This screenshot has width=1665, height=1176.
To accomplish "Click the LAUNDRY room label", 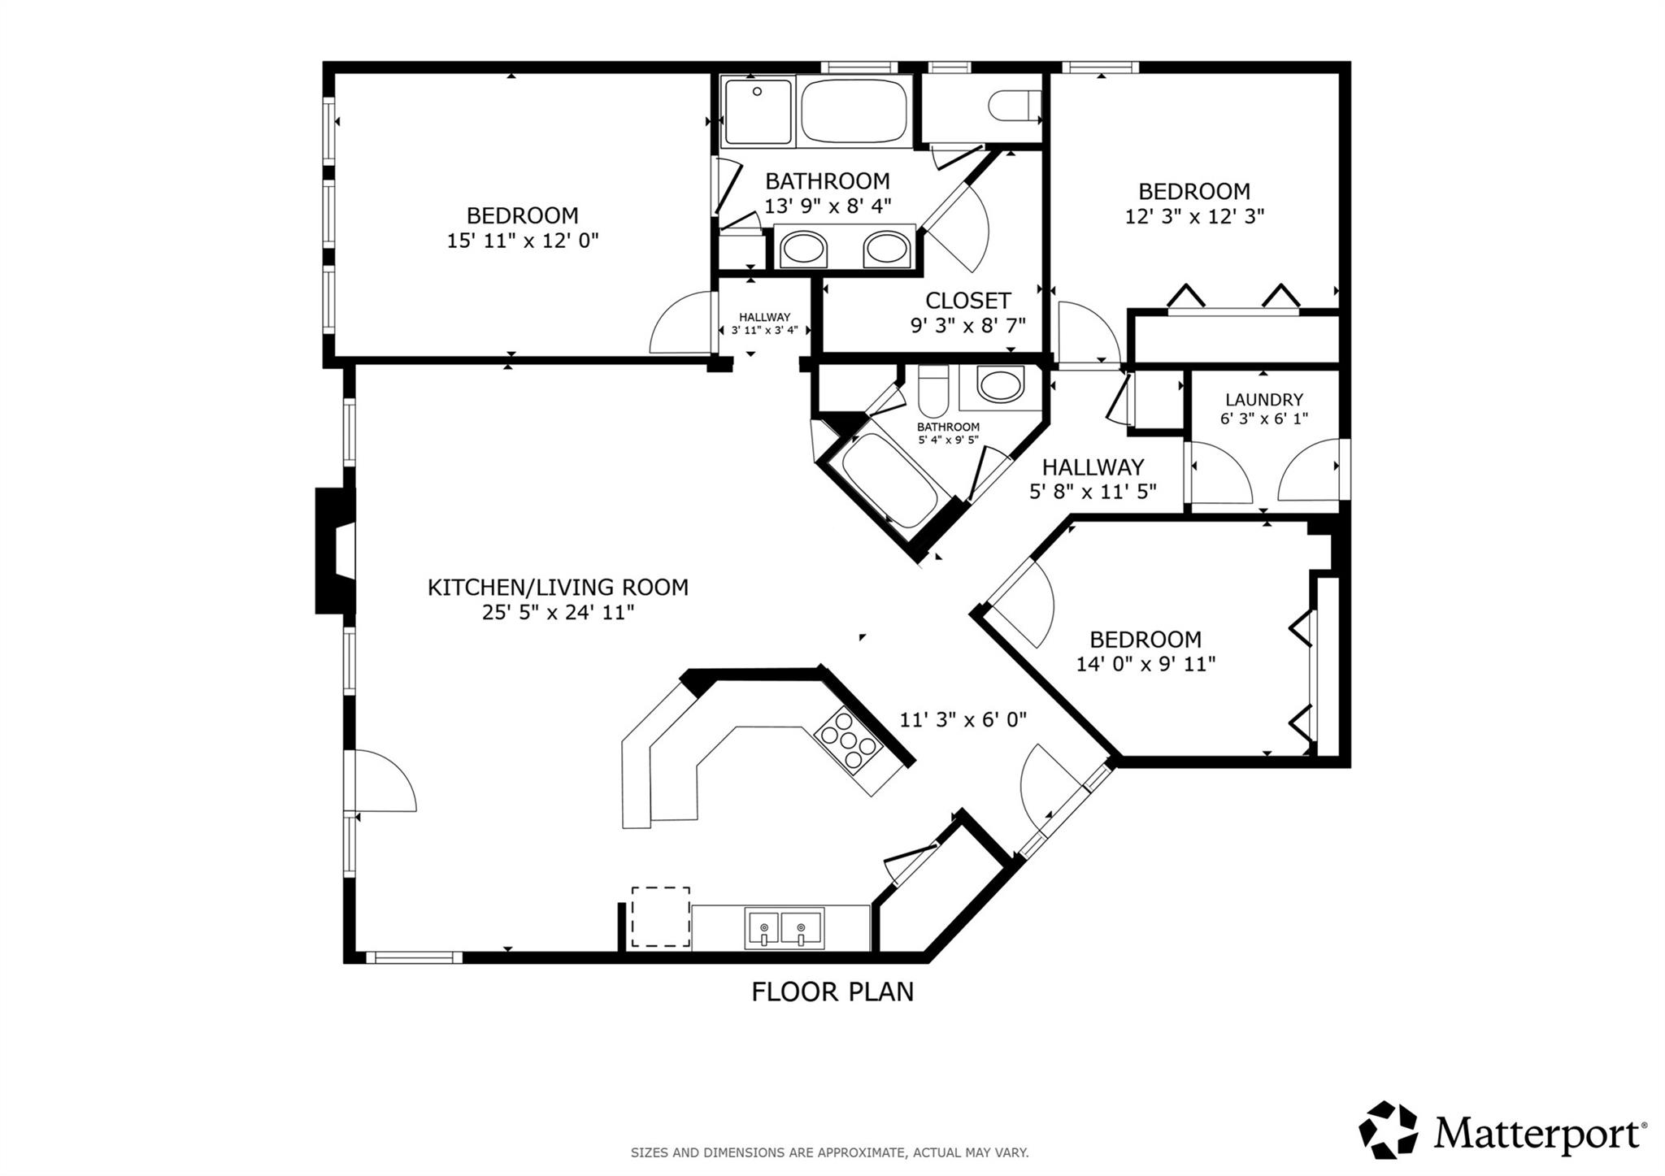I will pos(1263,400).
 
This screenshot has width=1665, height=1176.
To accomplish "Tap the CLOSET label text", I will pos(967,301).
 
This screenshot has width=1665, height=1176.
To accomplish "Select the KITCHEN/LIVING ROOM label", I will pos(558,587).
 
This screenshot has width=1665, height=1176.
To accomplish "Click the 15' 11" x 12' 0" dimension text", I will pos(522,241).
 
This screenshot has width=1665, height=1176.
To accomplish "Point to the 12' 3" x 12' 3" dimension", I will pos(1194,217).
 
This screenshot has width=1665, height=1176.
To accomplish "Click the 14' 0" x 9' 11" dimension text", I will pos(1146,664).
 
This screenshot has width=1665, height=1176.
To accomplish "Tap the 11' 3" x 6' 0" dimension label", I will pos(963,719).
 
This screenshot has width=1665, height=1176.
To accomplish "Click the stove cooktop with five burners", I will pos(849,740).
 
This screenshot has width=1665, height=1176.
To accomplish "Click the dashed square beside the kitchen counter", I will pos(660,917).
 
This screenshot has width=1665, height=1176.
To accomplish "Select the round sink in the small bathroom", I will pos(1000,384).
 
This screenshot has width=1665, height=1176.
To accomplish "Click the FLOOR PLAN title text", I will pos(832,992).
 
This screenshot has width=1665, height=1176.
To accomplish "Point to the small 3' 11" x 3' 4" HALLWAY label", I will pos(764,323).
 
